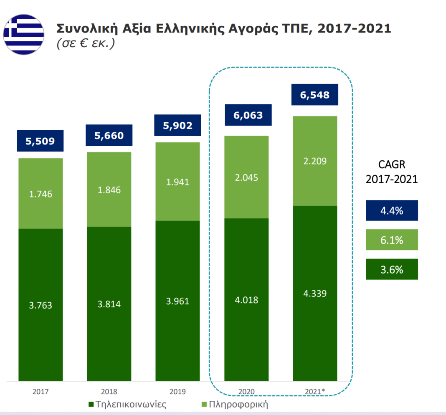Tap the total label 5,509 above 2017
pyautogui.click(x=40, y=141)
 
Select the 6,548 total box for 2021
pyautogui.click(x=314, y=95)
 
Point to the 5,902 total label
pyautogui.click(x=177, y=125)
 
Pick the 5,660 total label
pyautogui.click(x=109, y=136)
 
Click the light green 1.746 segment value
pyautogui.click(x=40, y=194)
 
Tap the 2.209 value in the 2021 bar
pyautogui.click(x=314, y=161)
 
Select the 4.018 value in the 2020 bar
pyautogui.click(x=246, y=299)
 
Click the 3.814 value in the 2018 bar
pyautogui.click(x=109, y=304)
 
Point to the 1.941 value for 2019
pyautogui.click(x=177, y=182)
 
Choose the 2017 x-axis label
pyautogui.click(x=40, y=392)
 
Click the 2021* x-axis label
pyautogui.click(x=315, y=392)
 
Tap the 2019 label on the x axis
pyautogui.click(x=177, y=392)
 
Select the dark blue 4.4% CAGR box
pyautogui.click(x=391, y=210)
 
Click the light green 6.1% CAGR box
pyautogui.click(x=391, y=240)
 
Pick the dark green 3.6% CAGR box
pyautogui.click(x=391, y=269)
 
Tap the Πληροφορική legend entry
pyautogui.click(x=234, y=404)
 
